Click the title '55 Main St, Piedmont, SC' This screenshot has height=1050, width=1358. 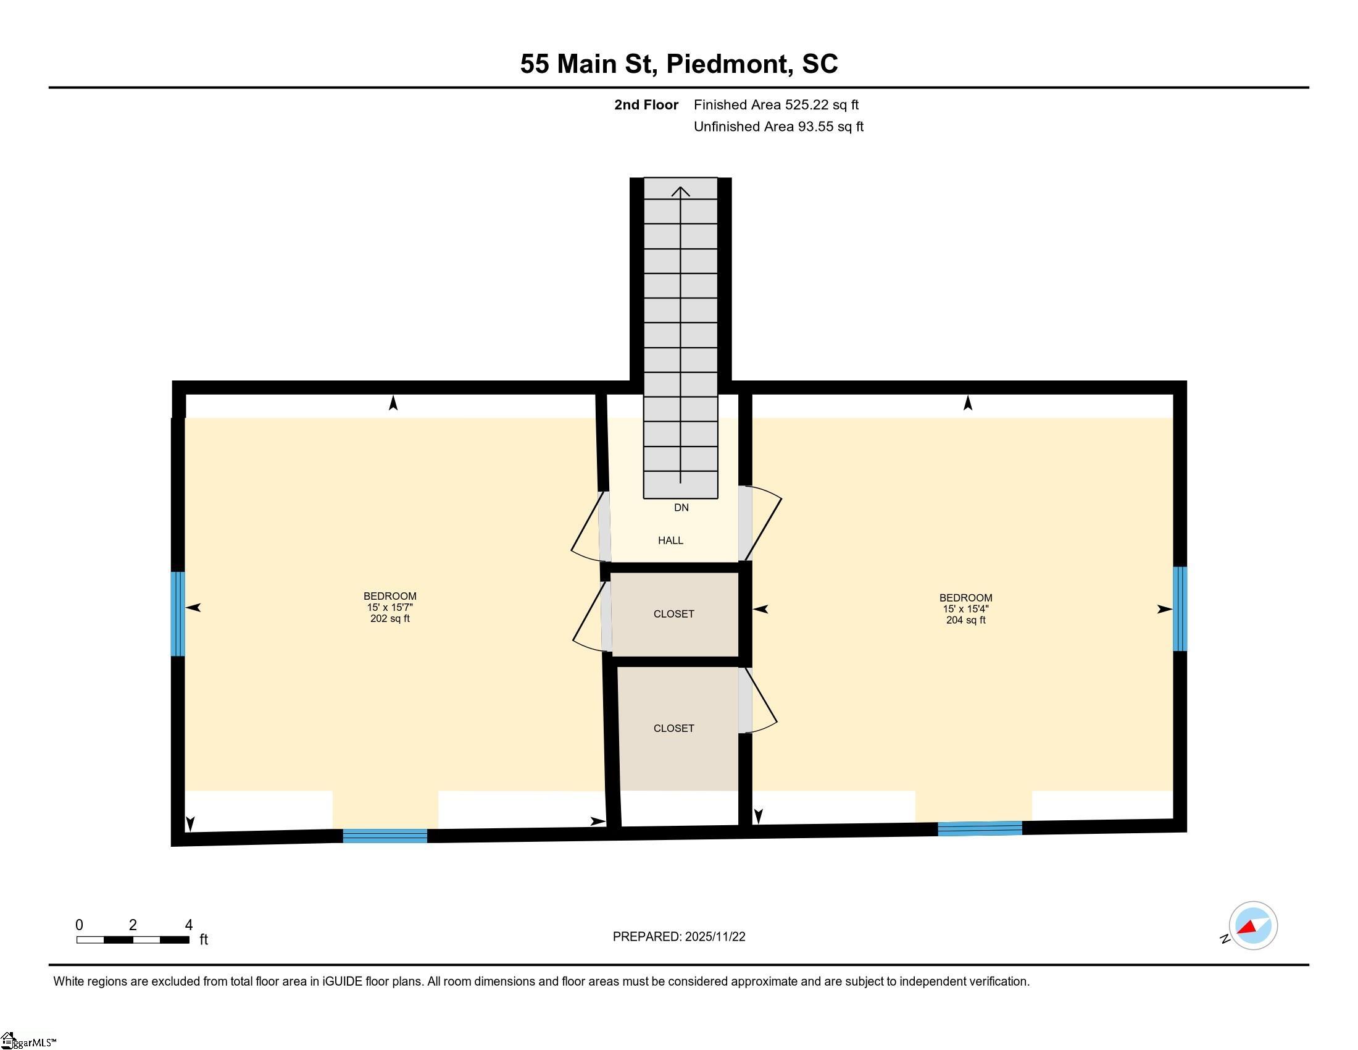coord(679,64)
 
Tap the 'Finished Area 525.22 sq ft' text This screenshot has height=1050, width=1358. coord(776,104)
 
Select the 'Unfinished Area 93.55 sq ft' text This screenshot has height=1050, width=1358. coord(778,126)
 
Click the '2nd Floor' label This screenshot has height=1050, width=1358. coord(646,104)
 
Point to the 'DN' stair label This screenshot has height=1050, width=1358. coord(681,508)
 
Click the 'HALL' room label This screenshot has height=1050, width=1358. coord(670,540)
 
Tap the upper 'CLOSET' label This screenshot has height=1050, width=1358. coord(673,614)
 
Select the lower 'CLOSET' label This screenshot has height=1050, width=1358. coord(673,728)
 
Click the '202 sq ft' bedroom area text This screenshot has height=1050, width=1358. coord(390,618)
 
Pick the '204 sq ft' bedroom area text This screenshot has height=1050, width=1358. coord(965,620)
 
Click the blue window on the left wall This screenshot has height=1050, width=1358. coord(178,614)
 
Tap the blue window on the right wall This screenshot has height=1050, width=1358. coord(1180,608)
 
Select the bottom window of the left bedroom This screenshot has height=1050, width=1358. coord(385,836)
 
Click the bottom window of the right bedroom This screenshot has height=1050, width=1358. coord(980,828)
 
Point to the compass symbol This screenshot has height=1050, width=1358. coord(1253,926)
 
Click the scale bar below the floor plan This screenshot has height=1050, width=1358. coord(133,939)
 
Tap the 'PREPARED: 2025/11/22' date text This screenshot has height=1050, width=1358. coord(679,937)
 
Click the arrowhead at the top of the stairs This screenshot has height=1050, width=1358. coord(681,191)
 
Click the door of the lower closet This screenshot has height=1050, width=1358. coord(758,700)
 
